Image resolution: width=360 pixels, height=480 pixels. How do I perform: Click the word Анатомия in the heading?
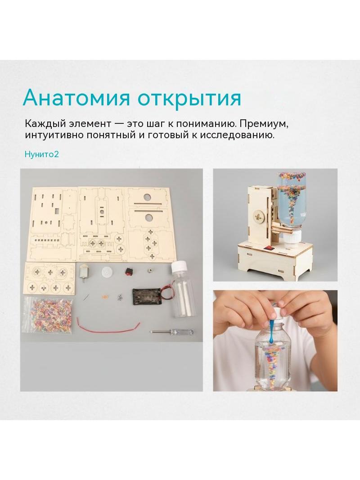point(77,98)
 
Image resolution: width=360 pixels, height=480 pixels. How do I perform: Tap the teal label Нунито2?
point(41,154)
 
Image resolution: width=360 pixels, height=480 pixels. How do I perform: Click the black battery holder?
point(147,297)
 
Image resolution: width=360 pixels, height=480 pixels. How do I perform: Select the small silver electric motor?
point(84,272)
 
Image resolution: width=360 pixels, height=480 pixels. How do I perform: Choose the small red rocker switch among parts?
point(128,271)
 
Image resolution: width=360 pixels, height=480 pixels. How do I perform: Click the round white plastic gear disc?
point(106,272)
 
